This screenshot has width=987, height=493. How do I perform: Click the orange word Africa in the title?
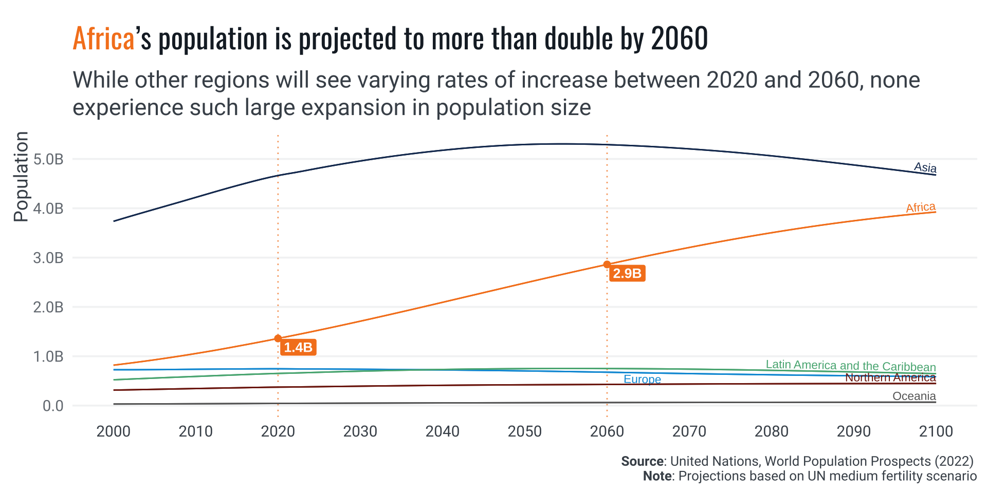coord(103,39)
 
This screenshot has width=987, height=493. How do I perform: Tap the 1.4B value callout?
coord(298,348)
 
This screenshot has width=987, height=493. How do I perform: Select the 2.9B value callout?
coord(627,274)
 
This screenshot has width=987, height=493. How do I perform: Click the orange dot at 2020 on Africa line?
coord(278,338)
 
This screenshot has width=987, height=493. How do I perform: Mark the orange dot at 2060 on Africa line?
coord(607,264)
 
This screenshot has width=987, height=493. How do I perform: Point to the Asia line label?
coord(925,167)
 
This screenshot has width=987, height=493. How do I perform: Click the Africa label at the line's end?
coord(921,207)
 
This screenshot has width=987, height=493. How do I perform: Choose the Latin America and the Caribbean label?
coord(851,366)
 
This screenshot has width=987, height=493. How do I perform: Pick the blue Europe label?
coord(642,380)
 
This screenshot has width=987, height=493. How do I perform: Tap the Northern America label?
coord(890,377)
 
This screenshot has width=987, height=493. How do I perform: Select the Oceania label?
coord(914,396)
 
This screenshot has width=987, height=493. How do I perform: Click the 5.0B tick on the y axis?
coord(48,159)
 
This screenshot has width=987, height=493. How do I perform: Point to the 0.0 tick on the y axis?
coord(53,406)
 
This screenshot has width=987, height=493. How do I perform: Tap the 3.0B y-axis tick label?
coord(48,258)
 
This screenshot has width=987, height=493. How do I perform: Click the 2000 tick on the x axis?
coord(114,431)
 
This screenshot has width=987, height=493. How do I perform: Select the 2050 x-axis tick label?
coord(525,431)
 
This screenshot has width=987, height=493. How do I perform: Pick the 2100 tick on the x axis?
coord(936,431)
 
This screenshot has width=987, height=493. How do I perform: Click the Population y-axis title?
coord(21,177)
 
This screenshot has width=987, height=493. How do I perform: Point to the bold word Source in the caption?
coord(642,461)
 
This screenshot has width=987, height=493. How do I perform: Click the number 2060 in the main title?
coord(680,39)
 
